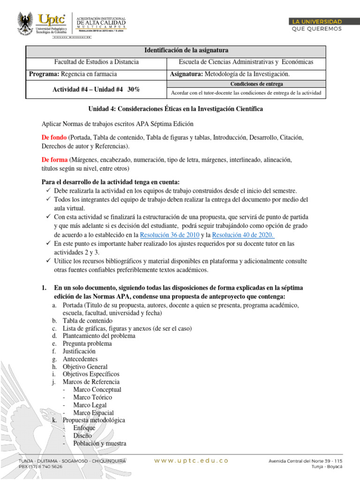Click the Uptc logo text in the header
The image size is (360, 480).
[53, 19]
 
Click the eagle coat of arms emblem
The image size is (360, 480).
[25, 23]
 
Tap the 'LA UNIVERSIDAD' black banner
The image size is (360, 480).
[317, 22]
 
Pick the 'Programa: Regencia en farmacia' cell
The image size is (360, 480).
[73, 74]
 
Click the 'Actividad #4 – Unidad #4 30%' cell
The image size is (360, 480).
[96, 89]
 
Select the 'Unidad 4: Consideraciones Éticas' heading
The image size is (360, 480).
[176, 109]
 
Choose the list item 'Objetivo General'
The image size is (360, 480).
[85, 367]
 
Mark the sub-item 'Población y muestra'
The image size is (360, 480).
[99, 443]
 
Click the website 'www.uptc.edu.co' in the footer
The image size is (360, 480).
[191, 461]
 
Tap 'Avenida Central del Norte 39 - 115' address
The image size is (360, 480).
[305, 461]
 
